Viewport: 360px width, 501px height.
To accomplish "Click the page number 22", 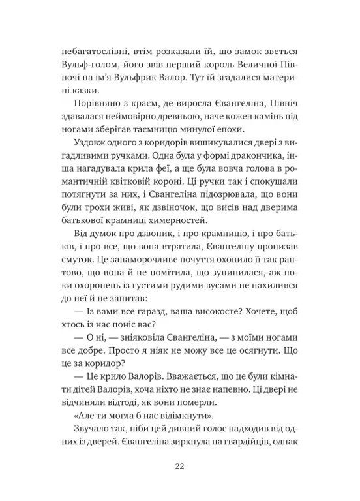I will pos(179,465).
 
